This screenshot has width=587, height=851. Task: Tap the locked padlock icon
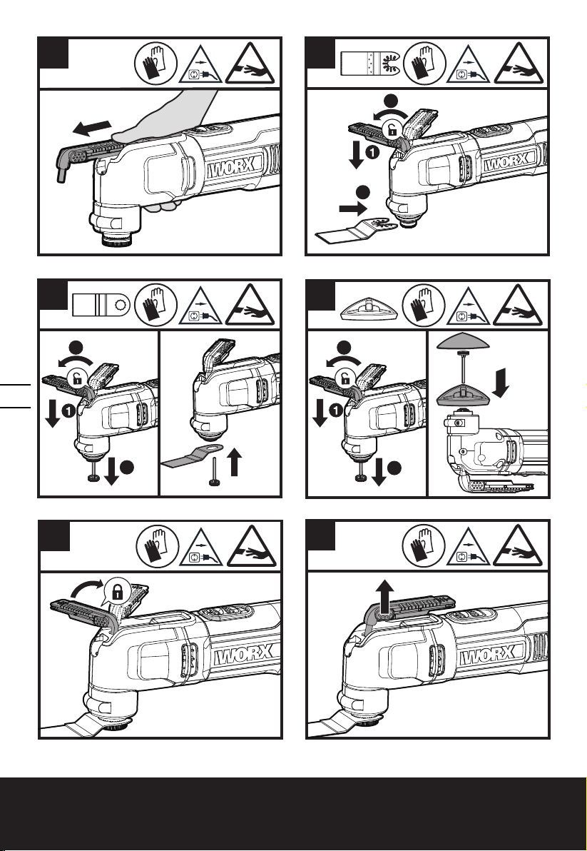pos(115,590)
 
